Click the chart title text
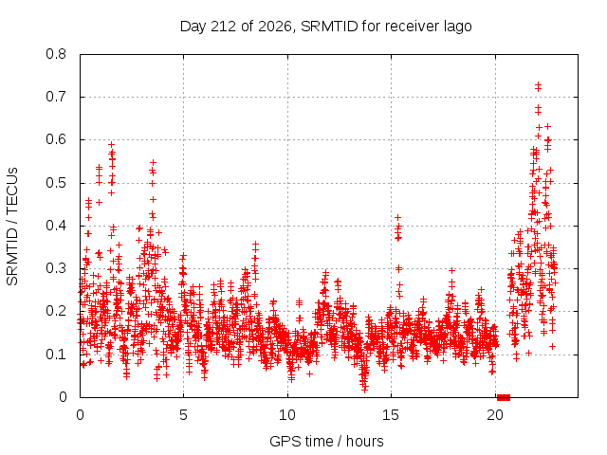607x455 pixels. pyautogui.click(x=326, y=27)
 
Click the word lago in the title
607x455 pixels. pyautogui.click(x=457, y=27)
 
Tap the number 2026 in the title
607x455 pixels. pyautogui.click(x=274, y=27)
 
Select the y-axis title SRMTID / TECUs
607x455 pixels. pyautogui.click(x=12, y=227)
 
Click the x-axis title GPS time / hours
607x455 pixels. pyautogui.click(x=326, y=441)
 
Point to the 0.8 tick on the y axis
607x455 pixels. pyautogui.click(x=56, y=54)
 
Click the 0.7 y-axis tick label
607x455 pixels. pyautogui.click(x=56, y=97)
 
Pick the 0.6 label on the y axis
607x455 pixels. pyautogui.click(x=56, y=139)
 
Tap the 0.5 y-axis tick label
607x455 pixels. pyautogui.click(x=56, y=183)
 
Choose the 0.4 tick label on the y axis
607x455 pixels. pyautogui.click(x=56, y=226)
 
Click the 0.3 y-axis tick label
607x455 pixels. pyautogui.click(x=56, y=268)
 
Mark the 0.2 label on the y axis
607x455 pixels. pyautogui.click(x=56, y=312)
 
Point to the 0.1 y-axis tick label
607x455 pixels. pyautogui.click(x=56, y=355)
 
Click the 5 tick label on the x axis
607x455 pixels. pyautogui.click(x=183, y=415)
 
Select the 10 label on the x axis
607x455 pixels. pyautogui.click(x=287, y=415)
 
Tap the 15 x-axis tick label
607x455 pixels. pyautogui.click(x=391, y=415)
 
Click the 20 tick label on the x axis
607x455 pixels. pyautogui.click(x=495, y=415)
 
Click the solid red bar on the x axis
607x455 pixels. pyautogui.click(x=504, y=397)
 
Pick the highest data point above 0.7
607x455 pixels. pyautogui.click(x=538, y=84)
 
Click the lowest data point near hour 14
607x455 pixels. pyautogui.click(x=364, y=390)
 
